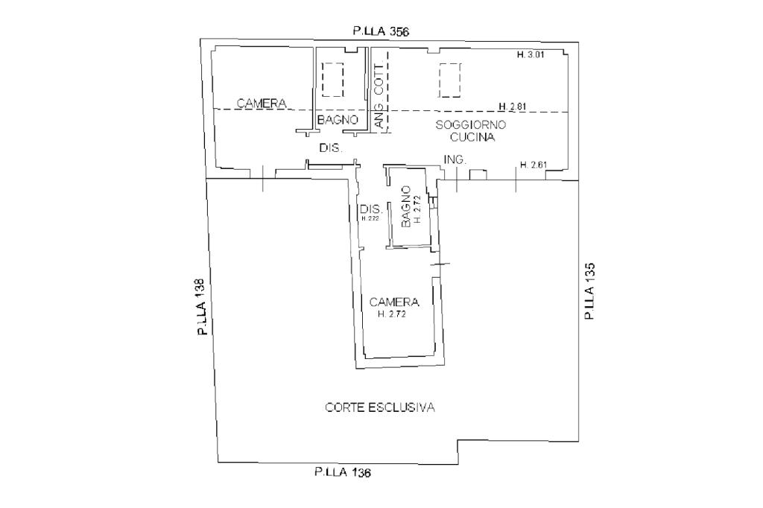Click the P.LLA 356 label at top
tap(381, 31)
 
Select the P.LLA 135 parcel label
tap(589, 292)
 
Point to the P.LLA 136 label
tap(343, 472)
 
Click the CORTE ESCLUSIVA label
tap(380, 407)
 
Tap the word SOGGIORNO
tap(471, 125)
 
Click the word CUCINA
tap(472, 138)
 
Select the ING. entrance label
tap(455, 160)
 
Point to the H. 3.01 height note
tap(531, 55)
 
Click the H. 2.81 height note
tap(513, 106)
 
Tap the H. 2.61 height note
tap(534, 165)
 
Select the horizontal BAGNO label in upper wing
tap(338, 119)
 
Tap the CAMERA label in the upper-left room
tap(262, 104)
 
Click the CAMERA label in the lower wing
tap(394, 302)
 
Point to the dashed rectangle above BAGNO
tap(332, 79)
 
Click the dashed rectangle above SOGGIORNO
tap(450, 80)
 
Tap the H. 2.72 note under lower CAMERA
tap(393, 314)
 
